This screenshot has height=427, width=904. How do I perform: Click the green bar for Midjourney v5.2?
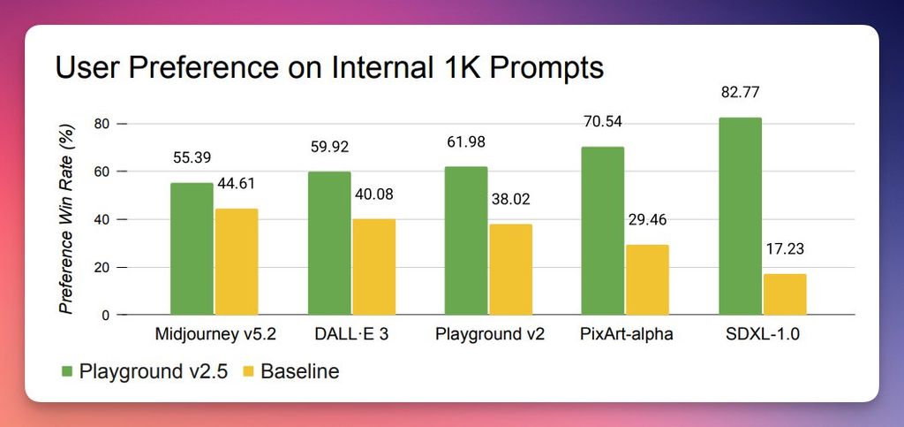[x=192, y=248]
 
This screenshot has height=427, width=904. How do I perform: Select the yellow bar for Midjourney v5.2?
[x=236, y=262]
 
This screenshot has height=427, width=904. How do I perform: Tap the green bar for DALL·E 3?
[x=329, y=243]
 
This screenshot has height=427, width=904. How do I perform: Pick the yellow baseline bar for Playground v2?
[x=511, y=270]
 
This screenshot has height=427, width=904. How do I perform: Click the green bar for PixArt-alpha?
[x=603, y=231]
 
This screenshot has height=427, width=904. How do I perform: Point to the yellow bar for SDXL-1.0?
[x=785, y=294]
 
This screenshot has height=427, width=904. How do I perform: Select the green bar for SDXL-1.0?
[x=740, y=216]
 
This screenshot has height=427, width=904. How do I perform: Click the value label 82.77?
[x=740, y=93]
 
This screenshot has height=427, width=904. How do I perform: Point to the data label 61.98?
[x=466, y=141]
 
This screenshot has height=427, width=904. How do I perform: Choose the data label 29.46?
[x=648, y=219]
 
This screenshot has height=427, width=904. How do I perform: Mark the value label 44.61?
[x=238, y=184]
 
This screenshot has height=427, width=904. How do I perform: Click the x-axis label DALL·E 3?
[x=350, y=335]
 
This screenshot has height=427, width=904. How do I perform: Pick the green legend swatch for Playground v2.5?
[x=67, y=370]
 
